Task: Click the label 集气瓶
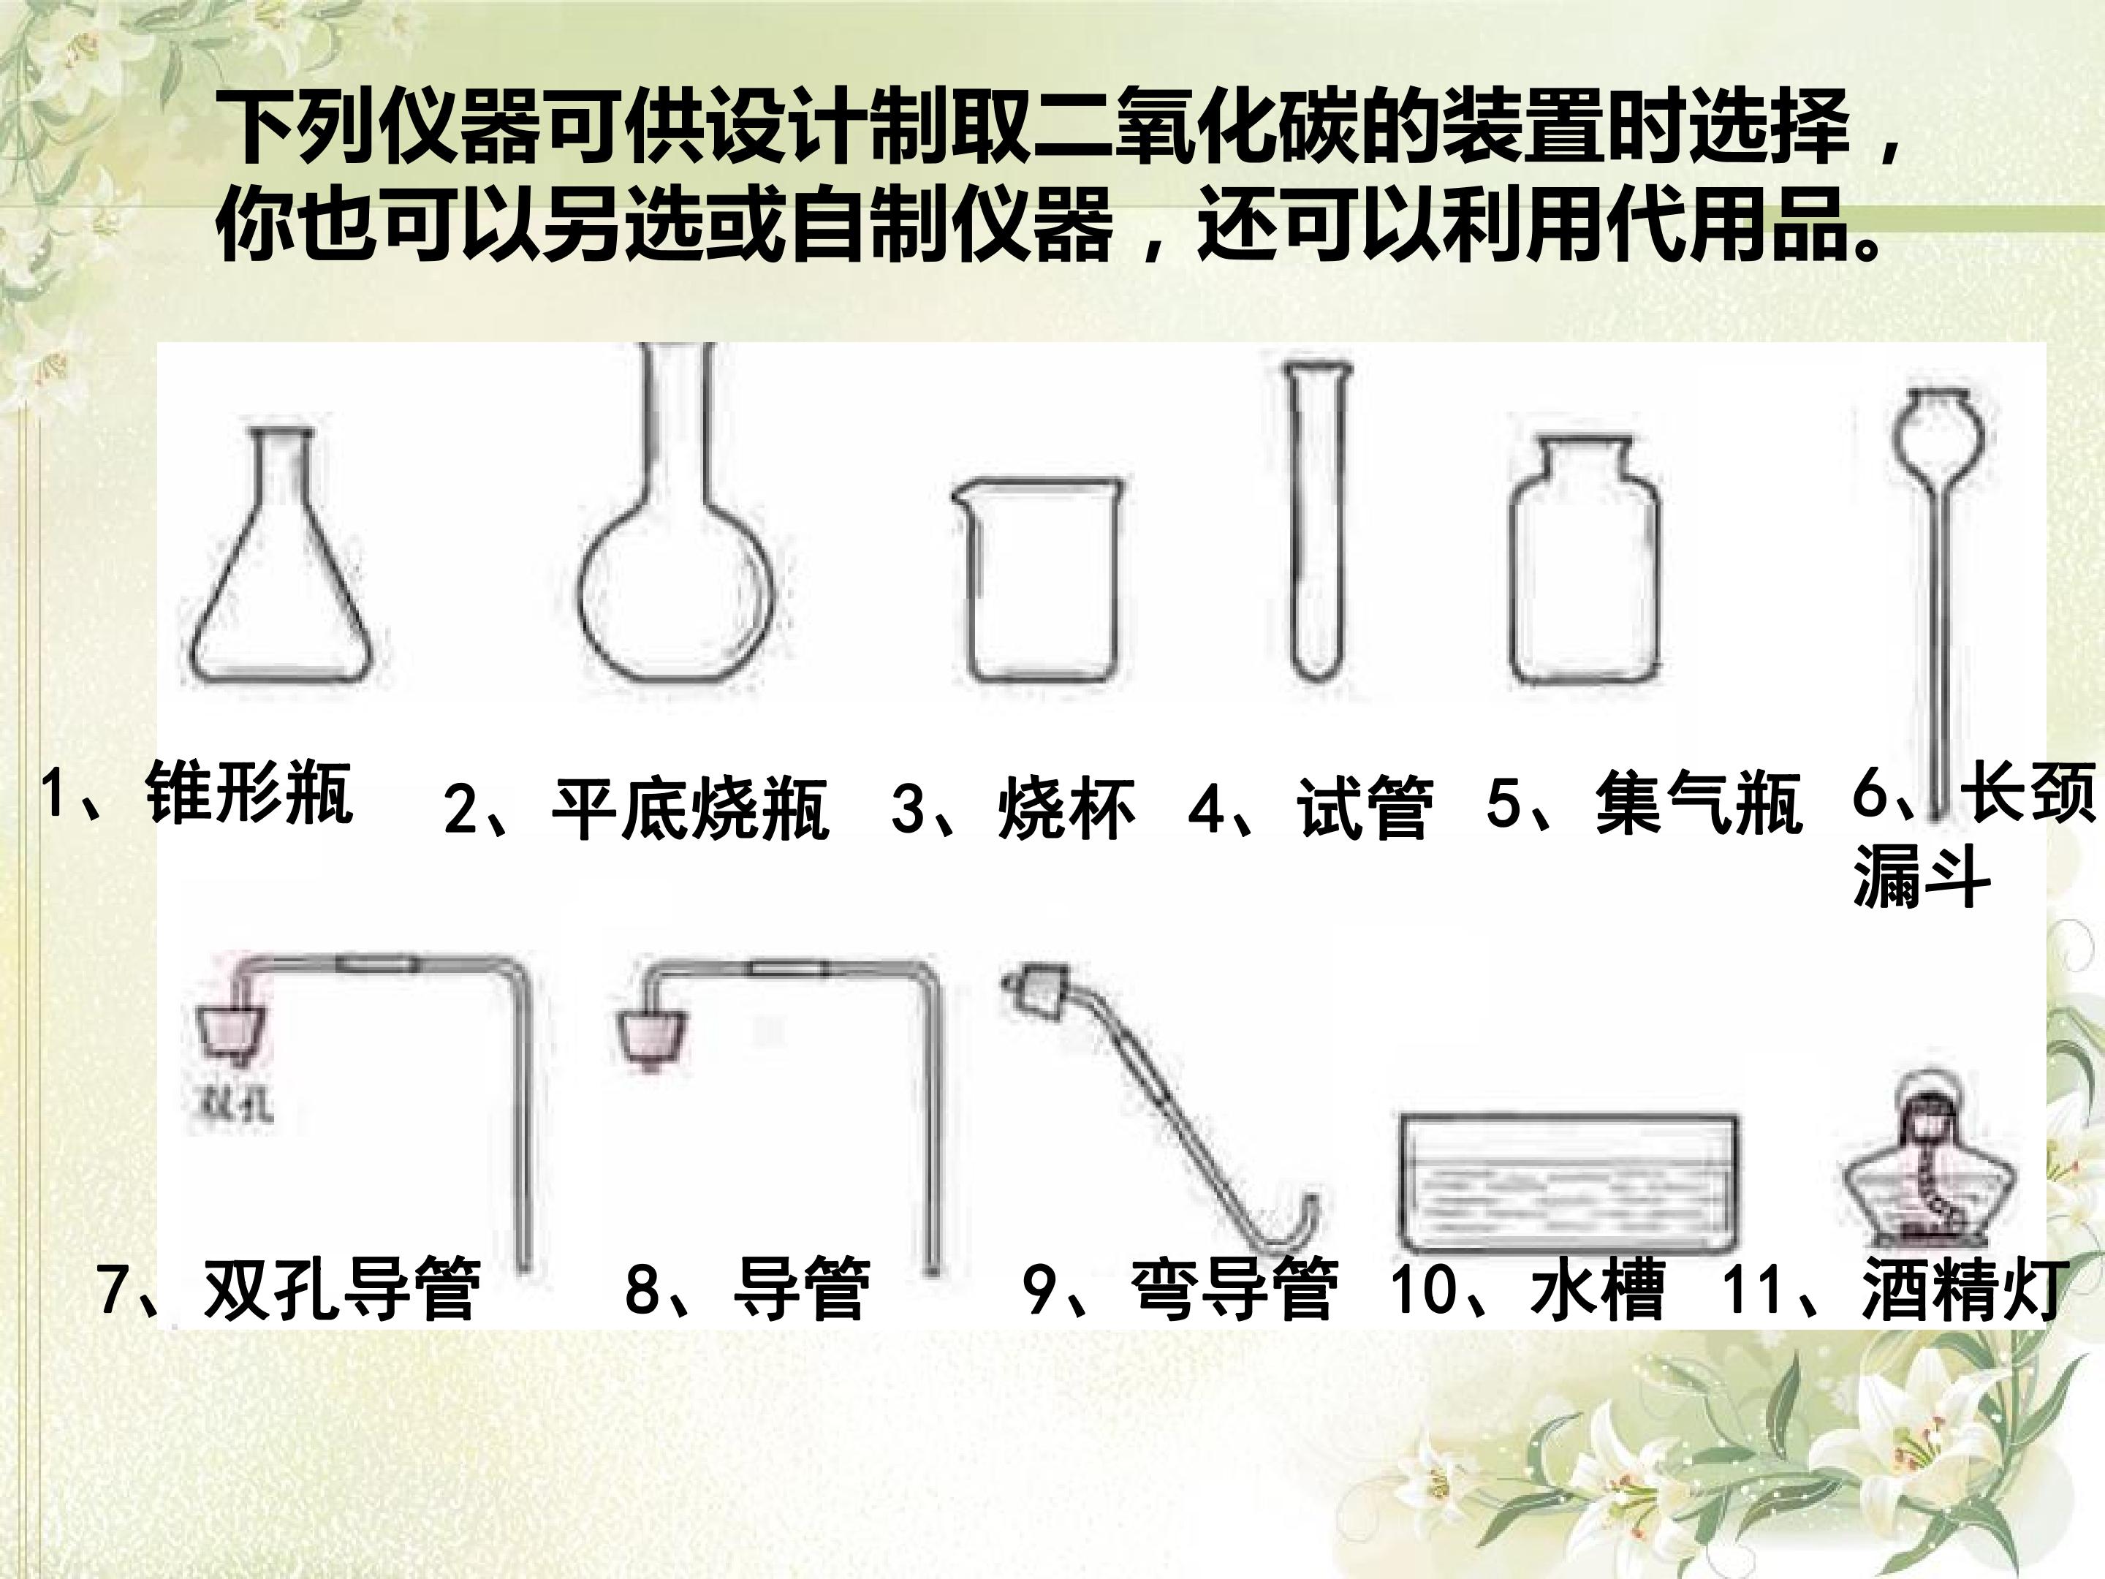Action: (x=1699, y=805)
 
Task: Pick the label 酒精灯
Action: (x=1965, y=1292)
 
